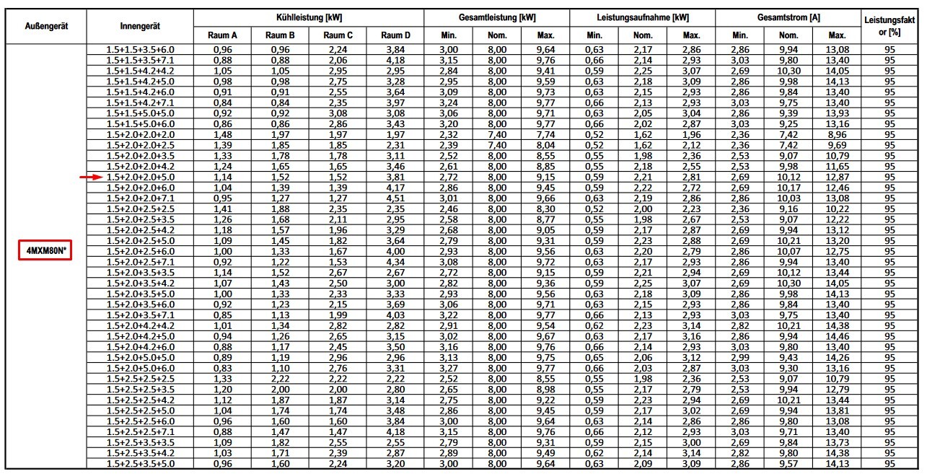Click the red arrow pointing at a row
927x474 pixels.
(x=90, y=177)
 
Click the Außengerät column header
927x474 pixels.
(x=46, y=25)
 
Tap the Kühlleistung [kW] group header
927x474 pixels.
(x=308, y=16)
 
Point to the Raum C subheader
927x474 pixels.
(x=338, y=35)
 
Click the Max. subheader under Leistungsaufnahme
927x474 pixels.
(x=691, y=35)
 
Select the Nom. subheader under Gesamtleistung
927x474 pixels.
(x=497, y=35)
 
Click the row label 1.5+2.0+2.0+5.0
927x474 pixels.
(x=140, y=177)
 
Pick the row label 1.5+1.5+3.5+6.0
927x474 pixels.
(x=140, y=49)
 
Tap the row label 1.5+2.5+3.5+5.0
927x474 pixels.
(x=140, y=464)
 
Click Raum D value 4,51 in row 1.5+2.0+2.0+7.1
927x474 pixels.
(x=395, y=198)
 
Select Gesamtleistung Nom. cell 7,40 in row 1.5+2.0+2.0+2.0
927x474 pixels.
(x=497, y=134)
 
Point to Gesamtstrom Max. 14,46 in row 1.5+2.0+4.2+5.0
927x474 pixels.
(x=837, y=336)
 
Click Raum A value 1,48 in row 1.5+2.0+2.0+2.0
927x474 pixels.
(x=223, y=134)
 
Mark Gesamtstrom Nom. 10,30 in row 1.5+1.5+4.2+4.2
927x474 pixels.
(x=788, y=71)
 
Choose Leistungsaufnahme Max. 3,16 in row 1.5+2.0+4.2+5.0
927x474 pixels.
(x=691, y=336)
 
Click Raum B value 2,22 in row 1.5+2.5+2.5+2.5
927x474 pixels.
(x=280, y=379)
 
